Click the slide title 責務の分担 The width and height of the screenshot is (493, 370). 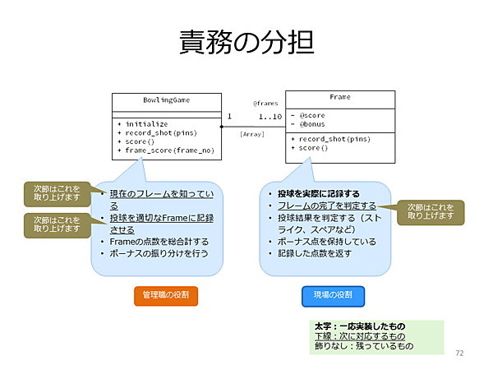tap(246, 43)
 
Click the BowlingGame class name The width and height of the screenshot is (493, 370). tap(167, 100)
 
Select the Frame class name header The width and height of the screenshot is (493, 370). tap(339, 97)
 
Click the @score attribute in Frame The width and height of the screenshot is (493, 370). tap(309, 115)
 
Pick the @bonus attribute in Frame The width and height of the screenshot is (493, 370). tap(309, 124)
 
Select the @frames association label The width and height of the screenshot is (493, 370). tap(265, 104)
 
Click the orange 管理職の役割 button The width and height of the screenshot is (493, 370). tap(166, 294)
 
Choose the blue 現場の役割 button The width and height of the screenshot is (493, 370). tap(332, 294)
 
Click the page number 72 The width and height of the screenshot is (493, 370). tap(459, 352)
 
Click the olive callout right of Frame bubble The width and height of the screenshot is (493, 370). tap(431, 211)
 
